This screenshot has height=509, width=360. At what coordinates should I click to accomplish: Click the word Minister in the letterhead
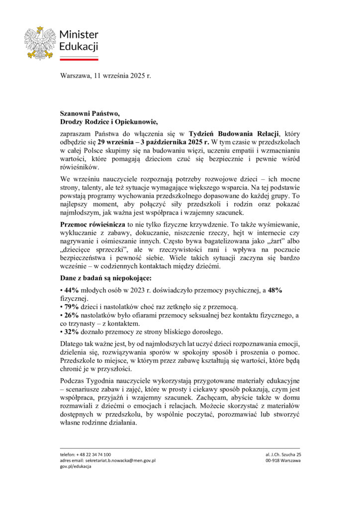(x=79, y=34)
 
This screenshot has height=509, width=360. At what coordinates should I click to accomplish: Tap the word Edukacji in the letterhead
(x=79, y=47)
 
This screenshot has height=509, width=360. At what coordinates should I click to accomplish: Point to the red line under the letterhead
(x=79, y=59)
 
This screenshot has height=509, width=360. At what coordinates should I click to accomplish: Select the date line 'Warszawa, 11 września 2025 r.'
(x=105, y=76)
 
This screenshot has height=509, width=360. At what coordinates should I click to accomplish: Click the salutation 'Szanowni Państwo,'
(x=90, y=113)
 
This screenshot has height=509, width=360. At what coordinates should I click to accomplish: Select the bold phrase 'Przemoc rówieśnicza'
(x=93, y=225)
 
